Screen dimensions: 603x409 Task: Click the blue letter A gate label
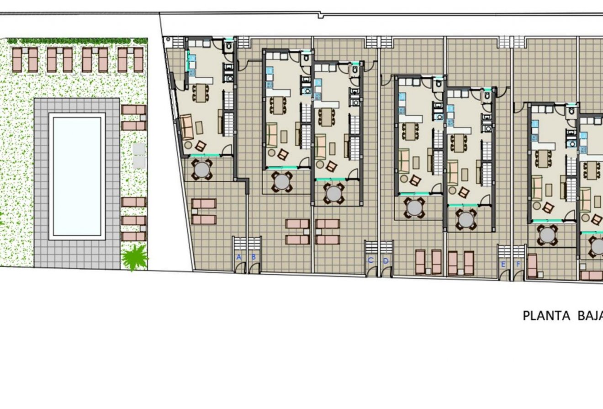[238, 257]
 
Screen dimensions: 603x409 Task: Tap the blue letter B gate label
[254, 257]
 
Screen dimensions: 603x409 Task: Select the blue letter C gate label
[370, 260]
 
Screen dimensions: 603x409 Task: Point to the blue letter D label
[386, 261]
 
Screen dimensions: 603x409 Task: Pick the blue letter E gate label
[503, 265]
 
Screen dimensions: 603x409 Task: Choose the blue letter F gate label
[518, 265]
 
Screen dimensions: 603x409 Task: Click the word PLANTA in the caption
[546, 316]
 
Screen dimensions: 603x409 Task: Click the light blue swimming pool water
[77, 176]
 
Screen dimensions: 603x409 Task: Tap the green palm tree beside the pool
[134, 257]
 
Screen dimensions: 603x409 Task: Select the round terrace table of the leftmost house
[202, 170]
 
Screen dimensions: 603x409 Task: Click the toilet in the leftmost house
[229, 46]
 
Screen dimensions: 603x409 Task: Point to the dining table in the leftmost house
[201, 93]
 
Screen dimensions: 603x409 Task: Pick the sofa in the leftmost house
[186, 127]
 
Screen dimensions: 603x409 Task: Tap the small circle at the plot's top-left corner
[168, 39]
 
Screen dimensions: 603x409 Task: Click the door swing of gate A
[240, 267]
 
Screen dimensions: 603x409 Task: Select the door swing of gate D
[387, 271]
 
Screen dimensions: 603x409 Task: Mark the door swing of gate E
[504, 275]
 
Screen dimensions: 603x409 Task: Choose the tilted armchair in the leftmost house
[201, 146]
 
